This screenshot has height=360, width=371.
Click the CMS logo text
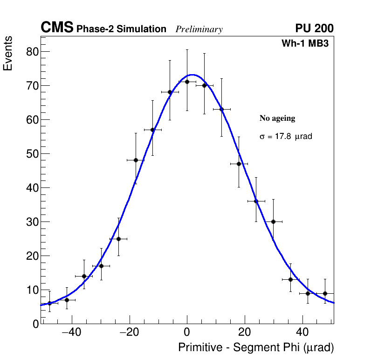[57, 28]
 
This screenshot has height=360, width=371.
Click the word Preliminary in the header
[199, 29]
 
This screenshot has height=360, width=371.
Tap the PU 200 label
[314, 28]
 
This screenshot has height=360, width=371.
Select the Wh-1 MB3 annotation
[305, 44]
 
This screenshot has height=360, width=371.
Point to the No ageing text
[277, 118]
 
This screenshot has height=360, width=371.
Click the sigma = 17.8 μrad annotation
[286, 137]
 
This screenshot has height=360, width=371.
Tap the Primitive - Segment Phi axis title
[256, 348]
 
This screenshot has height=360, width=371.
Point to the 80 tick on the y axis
[32, 51]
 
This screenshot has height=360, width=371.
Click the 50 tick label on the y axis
[32, 154]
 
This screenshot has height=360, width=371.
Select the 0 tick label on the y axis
[35, 324]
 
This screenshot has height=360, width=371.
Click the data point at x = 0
[187, 82]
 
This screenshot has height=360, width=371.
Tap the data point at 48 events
[136, 160]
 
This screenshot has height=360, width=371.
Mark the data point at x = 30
[274, 222]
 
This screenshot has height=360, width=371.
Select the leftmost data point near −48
[49, 303]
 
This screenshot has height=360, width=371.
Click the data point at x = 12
[221, 109]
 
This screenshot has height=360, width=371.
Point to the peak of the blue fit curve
[192, 75]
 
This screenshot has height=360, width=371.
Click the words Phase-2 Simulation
[121, 29]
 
